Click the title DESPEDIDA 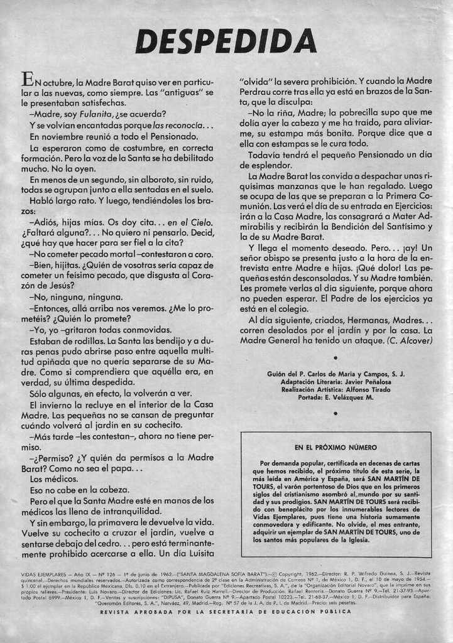(226, 41)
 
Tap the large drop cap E (27, 80)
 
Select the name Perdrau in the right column (258, 92)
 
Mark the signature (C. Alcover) (410, 340)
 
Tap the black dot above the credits (336, 358)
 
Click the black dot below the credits (336, 413)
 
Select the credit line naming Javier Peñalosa (336, 381)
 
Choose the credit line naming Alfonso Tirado (336, 389)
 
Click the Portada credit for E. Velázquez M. (336, 397)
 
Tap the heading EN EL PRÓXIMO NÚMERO (336, 448)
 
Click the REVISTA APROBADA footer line (226, 612)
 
